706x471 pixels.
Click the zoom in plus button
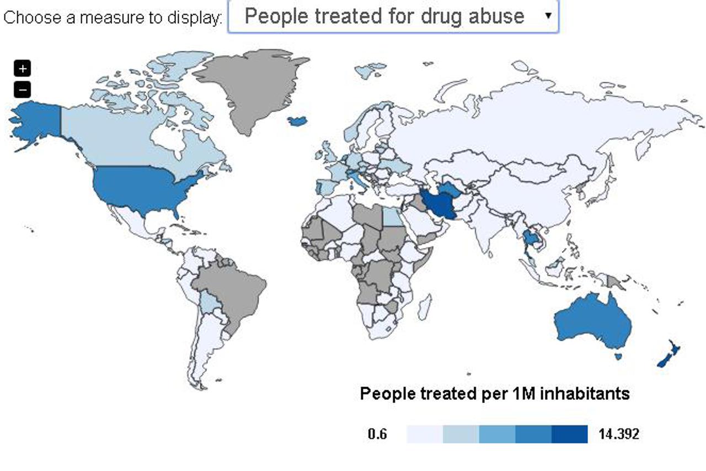click(x=22, y=68)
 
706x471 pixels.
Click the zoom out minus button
click(x=22, y=89)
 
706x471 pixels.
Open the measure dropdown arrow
click(x=548, y=15)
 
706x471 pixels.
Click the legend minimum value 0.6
click(x=377, y=434)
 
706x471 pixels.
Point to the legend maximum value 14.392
click(x=619, y=434)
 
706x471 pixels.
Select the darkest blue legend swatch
click(x=569, y=434)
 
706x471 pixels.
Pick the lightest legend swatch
click(x=425, y=434)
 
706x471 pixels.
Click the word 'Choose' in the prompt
click(x=32, y=17)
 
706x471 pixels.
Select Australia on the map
click(x=593, y=323)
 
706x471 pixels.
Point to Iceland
click(x=298, y=120)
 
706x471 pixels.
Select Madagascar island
click(x=424, y=307)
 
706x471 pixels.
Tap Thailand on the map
click(x=531, y=239)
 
